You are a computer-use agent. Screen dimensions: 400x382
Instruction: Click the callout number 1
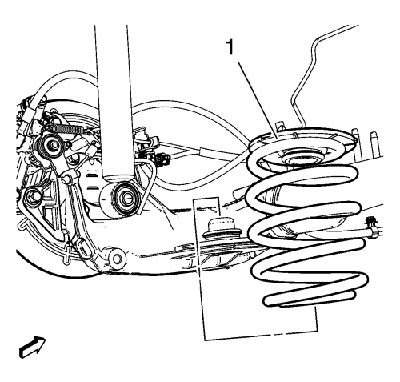click(x=230, y=47)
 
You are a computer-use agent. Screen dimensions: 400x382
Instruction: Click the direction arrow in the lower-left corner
click(x=33, y=347)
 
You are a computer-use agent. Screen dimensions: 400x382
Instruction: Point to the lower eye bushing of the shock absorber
click(x=125, y=197)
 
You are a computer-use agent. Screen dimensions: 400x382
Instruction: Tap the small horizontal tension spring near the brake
click(x=70, y=129)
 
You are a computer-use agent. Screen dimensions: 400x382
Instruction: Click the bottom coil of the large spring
click(x=310, y=299)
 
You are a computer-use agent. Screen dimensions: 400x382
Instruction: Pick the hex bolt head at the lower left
click(x=33, y=197)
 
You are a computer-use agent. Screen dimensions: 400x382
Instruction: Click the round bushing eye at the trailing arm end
click(x=117, y=259)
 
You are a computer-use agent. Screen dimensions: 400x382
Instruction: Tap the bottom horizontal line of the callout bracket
click(x=262, y=336)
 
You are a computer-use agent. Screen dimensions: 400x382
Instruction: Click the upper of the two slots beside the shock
click(x=91, y=175)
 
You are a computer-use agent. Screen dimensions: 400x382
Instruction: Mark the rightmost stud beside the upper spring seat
click(x=374, y=144)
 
